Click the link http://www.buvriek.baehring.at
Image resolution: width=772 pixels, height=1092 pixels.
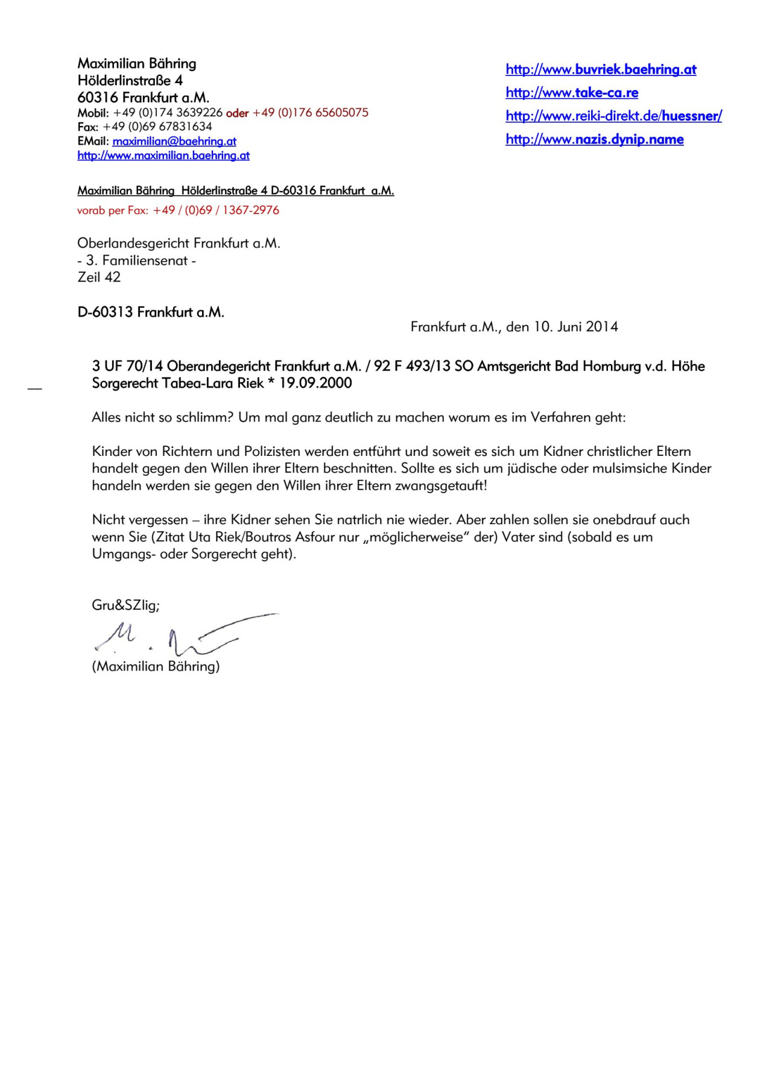click(x=601, y=69)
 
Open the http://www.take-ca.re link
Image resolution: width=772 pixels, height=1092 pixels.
click(x=572, y=93)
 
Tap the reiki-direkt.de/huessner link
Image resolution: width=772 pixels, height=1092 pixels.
click(x=613, y=116)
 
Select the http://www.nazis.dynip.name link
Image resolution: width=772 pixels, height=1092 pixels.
click(x=595, y=139)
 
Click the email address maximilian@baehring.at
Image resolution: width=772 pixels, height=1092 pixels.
click(x=174, y=141)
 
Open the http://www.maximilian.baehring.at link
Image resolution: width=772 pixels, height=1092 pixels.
click(x=163, y=156)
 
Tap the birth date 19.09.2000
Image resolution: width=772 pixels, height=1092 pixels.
click(x=315, y=383)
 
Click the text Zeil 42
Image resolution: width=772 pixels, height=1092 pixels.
click(x=99, y=277)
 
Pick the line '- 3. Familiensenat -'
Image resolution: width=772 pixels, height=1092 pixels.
click(x=137, y=260)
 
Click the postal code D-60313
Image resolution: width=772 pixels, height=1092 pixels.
click(x=105, y=312)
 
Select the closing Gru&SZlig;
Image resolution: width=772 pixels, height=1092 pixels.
click(x=125, y=605)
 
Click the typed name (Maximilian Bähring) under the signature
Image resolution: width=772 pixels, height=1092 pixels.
click(x=156, y=666)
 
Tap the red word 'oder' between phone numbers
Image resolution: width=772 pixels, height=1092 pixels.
click(x=237, y=113)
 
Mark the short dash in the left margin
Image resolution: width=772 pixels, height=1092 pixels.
click(x=35, y=389)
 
